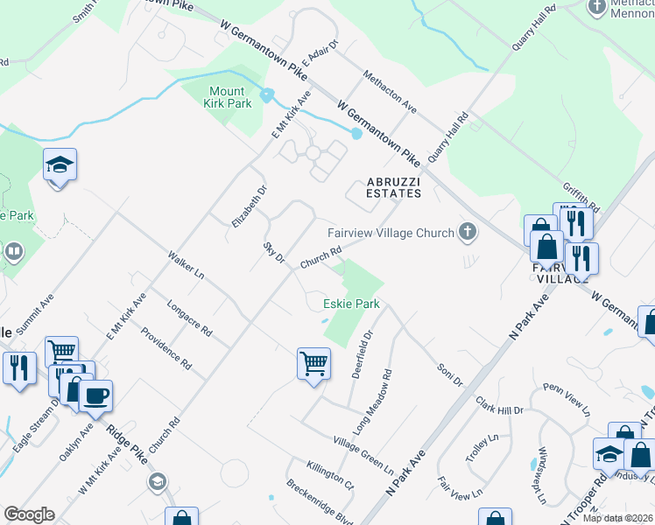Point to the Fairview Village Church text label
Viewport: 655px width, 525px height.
391,233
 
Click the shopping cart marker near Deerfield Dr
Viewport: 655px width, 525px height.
313,361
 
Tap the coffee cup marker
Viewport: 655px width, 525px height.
95,395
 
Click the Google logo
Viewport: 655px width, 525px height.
29,514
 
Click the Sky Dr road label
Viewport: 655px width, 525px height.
274,253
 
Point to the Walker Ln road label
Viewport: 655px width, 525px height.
187,265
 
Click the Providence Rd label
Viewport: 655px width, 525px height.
166,347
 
